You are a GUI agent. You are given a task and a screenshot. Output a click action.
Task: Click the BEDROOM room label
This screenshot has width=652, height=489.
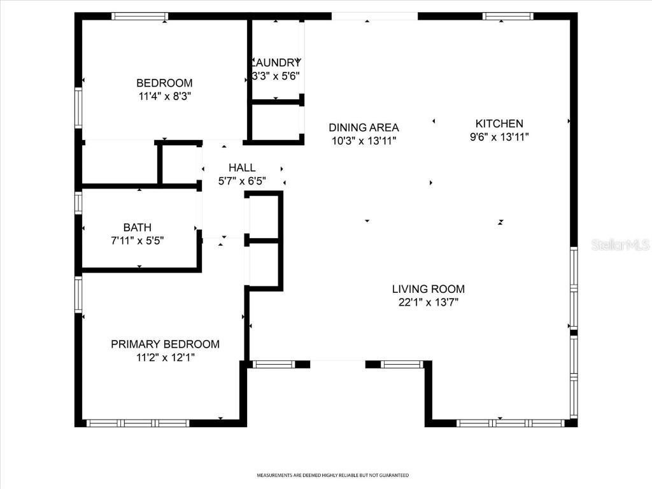click(164, 83)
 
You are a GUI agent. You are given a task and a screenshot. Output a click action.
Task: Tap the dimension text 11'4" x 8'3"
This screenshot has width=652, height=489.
click(164, 96)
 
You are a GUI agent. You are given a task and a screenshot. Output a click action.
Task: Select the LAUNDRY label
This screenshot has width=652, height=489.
click(276, 62)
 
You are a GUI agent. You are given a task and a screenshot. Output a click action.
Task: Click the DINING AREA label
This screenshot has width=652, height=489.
click(364, 127)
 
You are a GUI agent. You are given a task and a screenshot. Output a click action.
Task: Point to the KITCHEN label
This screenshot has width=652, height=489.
click(499, 124)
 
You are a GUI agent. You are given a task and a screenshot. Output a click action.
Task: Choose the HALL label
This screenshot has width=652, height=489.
click(242, 167)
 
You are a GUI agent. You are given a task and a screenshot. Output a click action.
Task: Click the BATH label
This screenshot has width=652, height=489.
click(138, 227)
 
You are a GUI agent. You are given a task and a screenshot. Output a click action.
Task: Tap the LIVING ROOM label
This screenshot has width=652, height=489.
click(428, 289)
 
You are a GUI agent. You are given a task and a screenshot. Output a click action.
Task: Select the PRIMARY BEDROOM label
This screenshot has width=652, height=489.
click(165, 344)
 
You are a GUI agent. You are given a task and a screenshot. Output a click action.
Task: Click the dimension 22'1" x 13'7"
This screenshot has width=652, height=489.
click(428, 302)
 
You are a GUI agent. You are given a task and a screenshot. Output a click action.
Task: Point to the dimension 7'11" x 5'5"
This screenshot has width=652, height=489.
click(138, 241)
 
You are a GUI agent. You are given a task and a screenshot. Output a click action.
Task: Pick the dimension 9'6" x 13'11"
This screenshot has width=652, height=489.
click(499, 137)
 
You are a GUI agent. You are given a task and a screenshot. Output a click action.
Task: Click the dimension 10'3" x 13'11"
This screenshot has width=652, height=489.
click(364, 141)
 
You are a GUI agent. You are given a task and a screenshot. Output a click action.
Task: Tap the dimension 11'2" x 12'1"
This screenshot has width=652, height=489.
click(165, 357)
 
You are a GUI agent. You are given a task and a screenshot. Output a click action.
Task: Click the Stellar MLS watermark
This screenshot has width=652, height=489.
click(620, 244)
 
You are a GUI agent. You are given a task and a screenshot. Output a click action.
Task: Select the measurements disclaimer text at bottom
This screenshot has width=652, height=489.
click(332, 475)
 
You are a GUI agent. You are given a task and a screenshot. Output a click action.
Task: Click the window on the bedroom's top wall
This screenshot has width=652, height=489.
click(140, 17)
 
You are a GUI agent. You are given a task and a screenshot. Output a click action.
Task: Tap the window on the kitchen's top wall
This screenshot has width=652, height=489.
click(508, 17)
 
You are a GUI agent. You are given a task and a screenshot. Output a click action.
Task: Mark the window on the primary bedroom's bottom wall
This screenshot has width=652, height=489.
click(138, 423)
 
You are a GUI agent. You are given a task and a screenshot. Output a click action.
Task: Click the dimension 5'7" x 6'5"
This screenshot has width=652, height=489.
click(242, 181)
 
